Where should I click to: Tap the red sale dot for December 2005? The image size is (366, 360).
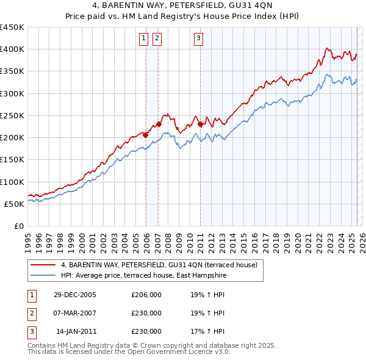click(x=146, y=135)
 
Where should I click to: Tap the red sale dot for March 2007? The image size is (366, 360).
click(x=159, y=124)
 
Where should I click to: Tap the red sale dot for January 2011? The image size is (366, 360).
click(x=200, y=124)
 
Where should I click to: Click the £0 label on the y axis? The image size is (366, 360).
click(x=18, y=226)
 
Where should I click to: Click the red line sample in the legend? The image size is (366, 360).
click(x=42, y=265)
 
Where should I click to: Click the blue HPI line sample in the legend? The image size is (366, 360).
click(x=42, y=276)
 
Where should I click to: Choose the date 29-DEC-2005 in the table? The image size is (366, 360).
click(x=74, y=295)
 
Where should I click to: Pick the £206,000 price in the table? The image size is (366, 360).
click(x=146, y=295)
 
